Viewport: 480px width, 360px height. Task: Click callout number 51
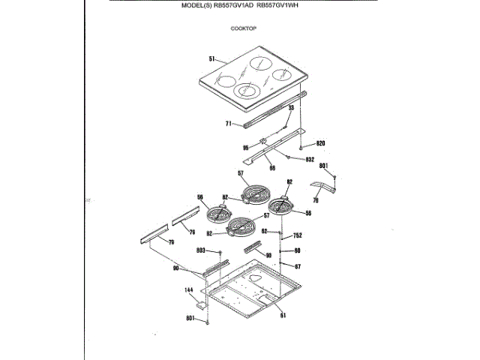(x=212, y=58)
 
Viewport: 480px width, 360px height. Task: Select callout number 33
(x=292, y=108)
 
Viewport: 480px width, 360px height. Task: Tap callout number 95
(x=245, y=148)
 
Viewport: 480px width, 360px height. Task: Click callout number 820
(x=320, y=143)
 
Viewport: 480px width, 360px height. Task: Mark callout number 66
(x=272, y=168)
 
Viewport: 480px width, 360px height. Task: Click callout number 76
(x=316, y=200)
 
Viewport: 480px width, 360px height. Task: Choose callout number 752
(x=298, y=235)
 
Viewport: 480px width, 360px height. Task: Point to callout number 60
(x=297, y=250)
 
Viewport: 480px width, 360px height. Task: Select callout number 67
(x=297, y=266)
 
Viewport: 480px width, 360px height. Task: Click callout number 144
(x=189, y=289)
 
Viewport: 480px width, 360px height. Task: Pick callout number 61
(x=283, y=315)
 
